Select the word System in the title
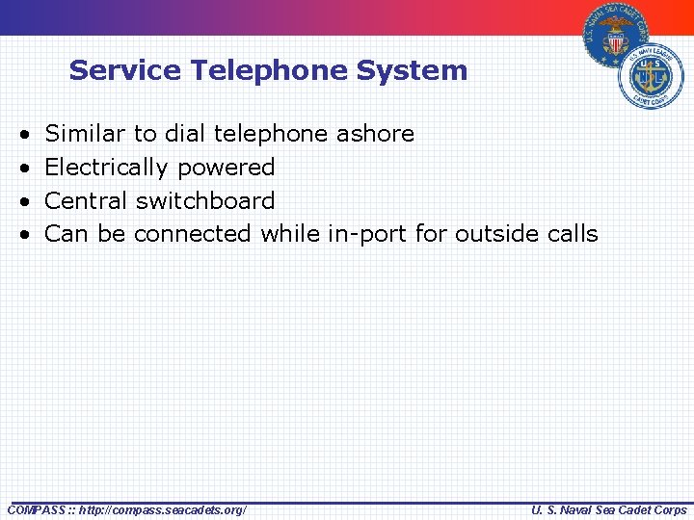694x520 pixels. click(419, 70)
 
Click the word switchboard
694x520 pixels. click(205, 200)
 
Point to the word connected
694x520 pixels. click(192, 234)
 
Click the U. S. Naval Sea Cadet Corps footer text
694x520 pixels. click(609, 509)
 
